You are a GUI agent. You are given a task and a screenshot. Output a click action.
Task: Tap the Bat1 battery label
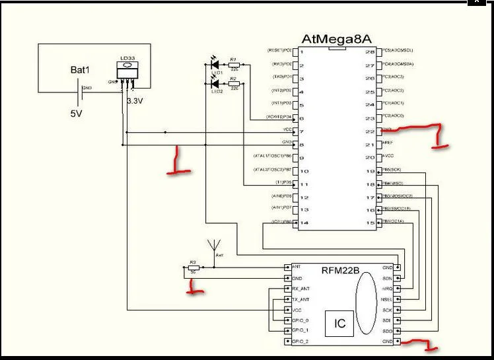point(80,70)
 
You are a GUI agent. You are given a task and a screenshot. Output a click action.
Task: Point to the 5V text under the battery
point(77,113)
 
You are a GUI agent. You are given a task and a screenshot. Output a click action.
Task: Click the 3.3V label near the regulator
point(135,101)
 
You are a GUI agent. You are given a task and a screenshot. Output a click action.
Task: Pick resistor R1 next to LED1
point(232,65)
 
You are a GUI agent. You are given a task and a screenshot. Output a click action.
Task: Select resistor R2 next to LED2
point(232,84)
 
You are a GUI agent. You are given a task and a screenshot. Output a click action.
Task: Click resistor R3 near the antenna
point(194,268)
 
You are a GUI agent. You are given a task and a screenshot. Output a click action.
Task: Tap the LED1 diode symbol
point(214,65)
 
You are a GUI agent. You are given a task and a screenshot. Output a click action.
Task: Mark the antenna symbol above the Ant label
point(214,245)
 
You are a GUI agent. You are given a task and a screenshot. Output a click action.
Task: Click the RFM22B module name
point(340,270)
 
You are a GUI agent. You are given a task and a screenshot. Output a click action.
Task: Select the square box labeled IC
point(339,324)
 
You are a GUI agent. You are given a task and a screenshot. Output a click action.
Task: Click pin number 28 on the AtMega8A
point(370,52)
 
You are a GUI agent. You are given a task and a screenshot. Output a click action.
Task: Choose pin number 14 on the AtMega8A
point(304,223)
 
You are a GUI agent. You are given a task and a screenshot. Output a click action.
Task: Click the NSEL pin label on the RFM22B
point(386,299)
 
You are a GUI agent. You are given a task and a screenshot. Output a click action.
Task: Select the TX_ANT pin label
point(301,299)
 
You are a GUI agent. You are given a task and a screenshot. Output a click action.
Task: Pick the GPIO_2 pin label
point(300,341)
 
